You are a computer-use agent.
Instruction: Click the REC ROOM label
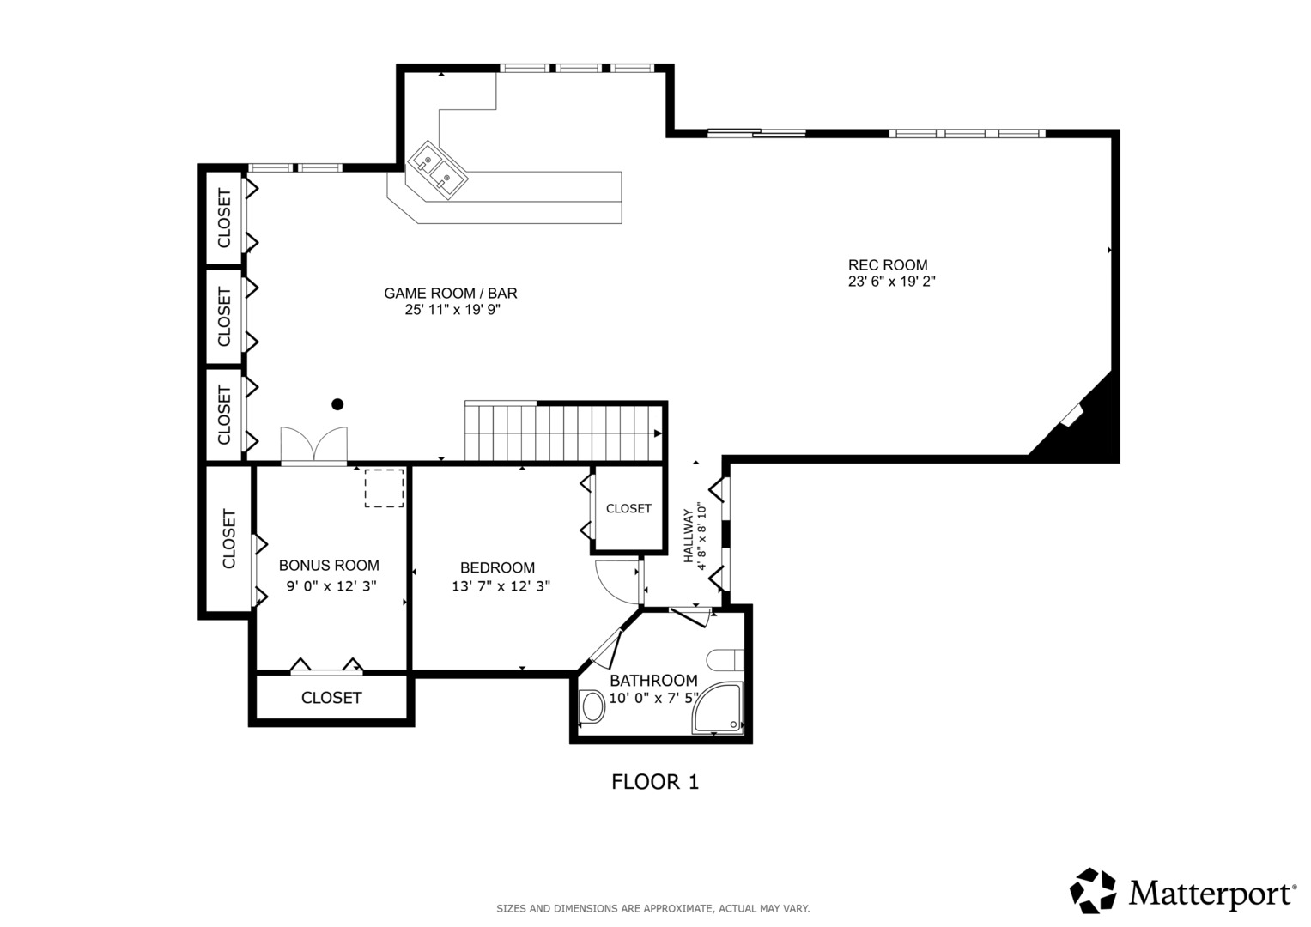coord(887,265)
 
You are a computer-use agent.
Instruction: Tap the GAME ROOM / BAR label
coord(451,294)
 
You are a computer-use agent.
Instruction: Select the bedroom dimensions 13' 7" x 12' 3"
coord(501,585)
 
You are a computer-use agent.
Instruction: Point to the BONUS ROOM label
coord(329,566)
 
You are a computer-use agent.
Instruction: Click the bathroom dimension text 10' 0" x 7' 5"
coord(653,698)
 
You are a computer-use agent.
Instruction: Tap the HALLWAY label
coord(689,536)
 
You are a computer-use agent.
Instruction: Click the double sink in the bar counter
coord(438,170)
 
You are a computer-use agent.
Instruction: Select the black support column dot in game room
coord(337,403)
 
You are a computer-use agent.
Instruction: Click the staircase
coord(566,432)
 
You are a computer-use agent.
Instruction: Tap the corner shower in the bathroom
coord(718,708)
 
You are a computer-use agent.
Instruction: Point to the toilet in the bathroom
coord(725,660)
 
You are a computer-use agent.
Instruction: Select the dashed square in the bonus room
coord(384,488)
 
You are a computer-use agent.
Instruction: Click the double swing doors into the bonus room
coord(313,445)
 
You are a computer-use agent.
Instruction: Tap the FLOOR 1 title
coord(655,782)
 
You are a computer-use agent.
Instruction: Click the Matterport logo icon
coord(1093,890)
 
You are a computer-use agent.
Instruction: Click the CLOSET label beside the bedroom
coord(628,508)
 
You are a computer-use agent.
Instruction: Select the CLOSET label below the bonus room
coord(331,698)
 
